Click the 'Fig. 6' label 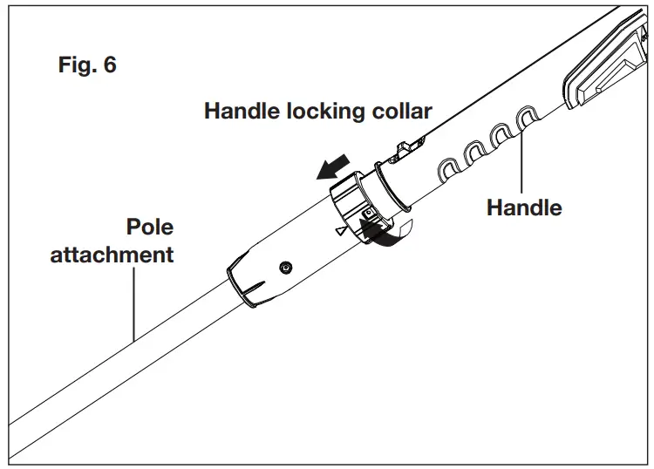[86, 65]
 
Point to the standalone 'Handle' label [523, 207]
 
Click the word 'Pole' [150, 228]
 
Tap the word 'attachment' [112, 255]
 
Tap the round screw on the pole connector [285, 266]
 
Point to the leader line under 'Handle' [522, 161]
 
